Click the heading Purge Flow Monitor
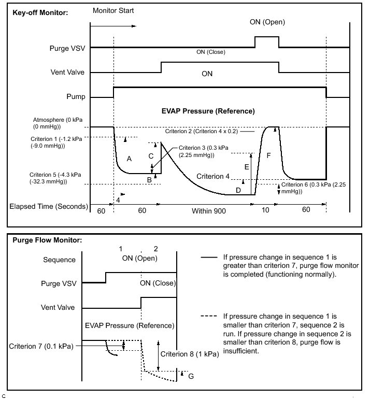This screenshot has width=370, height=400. pos(46,240)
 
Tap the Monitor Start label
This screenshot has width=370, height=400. pos(114,10)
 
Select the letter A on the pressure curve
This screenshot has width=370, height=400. pos(129,158)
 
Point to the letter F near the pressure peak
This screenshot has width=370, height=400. pos(268,155)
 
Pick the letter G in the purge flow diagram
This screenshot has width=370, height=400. pos(191,376)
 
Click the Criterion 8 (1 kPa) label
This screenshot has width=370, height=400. pos(189,354)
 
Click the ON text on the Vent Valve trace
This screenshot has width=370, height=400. pos(207,74)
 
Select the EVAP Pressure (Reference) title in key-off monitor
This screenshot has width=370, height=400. pos(207,111)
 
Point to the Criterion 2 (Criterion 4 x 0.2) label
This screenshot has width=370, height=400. pos(202,131)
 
